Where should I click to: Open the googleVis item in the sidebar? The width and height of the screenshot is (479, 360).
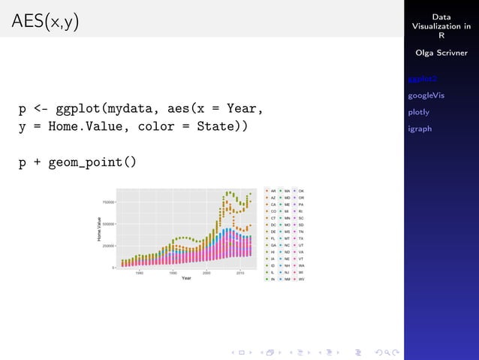coord(426,95)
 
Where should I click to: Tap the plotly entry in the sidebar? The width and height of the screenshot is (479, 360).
coord(418,112)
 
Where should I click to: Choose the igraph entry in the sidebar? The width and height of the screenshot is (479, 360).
coord(420,129)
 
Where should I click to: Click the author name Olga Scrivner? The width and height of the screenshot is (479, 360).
coord(441,53)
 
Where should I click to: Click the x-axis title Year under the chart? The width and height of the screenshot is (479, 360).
coord(185,278)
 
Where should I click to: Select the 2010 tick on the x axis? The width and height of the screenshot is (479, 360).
coord(239,273)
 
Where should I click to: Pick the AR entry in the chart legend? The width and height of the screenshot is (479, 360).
coord(273,192)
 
